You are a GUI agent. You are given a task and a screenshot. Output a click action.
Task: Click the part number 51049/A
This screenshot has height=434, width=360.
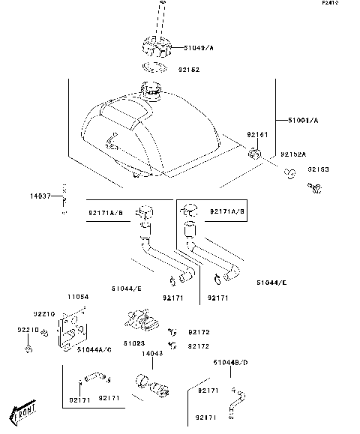198,48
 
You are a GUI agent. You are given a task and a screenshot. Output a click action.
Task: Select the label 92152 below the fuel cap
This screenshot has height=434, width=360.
188,70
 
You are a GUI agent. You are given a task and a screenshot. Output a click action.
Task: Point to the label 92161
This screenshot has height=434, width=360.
257,136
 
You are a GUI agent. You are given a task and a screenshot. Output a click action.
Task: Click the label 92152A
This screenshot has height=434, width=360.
294,154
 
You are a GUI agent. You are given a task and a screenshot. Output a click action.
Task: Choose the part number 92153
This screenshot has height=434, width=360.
319,169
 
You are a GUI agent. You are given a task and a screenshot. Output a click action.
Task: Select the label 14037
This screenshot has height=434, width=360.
40,196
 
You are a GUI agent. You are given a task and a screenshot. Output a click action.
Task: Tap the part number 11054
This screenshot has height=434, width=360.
79,297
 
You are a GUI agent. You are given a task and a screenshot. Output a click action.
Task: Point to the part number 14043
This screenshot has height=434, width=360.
151,354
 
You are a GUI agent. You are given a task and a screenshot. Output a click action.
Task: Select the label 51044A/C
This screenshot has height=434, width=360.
94,349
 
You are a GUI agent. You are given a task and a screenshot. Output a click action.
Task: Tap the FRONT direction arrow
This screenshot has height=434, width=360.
25,412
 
